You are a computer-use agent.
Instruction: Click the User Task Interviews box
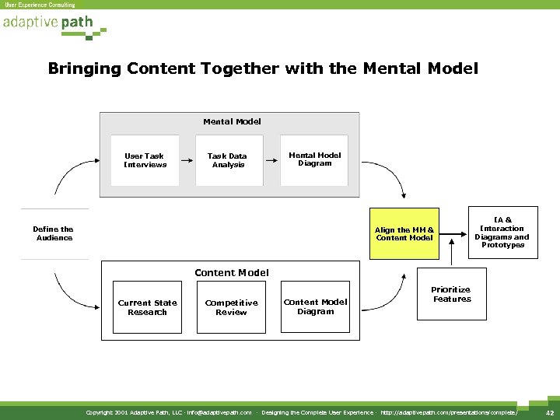[x=145, y=160]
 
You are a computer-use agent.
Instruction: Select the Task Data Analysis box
[x=228, y=160]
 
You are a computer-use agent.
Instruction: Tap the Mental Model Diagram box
[x=315, y=159]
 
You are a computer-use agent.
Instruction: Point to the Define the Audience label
[x=54, y=233]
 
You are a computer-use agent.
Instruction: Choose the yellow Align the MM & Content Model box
[x=404, y=233]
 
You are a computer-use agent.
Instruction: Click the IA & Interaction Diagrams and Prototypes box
[x=502, y=233]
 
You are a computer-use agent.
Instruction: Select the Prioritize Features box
[x=452, y=295]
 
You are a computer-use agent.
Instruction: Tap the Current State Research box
[x=147, y=307]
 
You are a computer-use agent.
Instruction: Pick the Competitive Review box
[x=231, y=307]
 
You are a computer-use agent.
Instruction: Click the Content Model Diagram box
[x=315, y=306]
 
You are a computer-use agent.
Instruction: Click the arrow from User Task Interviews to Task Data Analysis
[x=187, y=162]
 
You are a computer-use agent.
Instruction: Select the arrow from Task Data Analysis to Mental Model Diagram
[x=271, y=162]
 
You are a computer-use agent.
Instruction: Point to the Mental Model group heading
[x=232, y=121]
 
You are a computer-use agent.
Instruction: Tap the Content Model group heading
[x=232, y=272]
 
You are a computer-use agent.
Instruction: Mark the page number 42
[x=549, y=412]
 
